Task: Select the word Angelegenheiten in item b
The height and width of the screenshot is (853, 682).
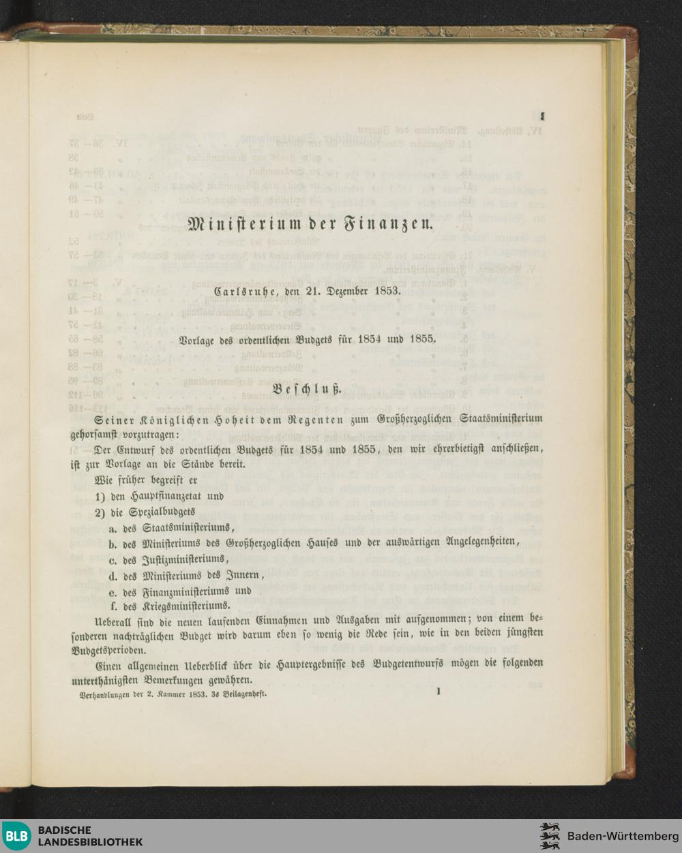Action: (x=474, y=542)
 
